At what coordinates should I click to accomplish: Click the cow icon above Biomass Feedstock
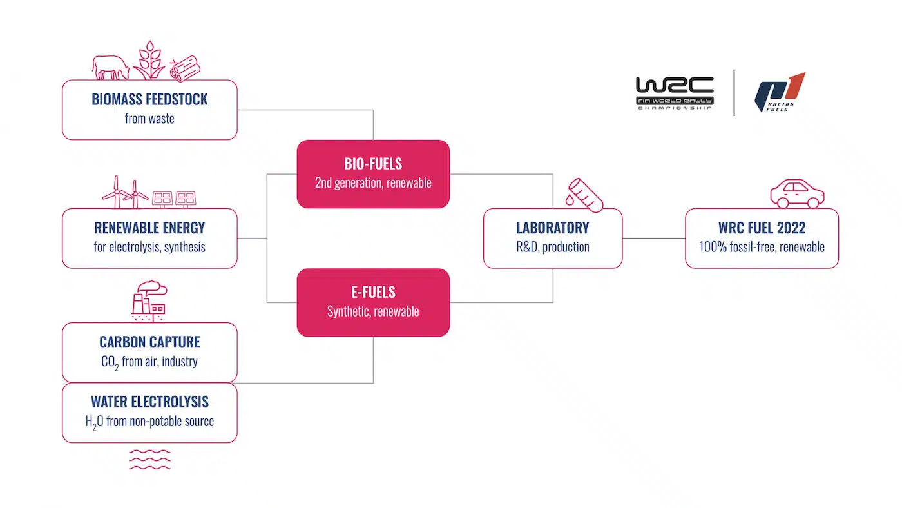point(110,66)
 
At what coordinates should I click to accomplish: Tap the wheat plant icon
point(149,61)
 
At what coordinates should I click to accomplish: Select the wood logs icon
point(185,68)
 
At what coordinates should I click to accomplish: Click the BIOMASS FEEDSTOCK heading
point(149,100)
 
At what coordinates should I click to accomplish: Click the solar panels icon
point(174,199)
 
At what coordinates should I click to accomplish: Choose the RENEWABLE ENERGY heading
point(149,228)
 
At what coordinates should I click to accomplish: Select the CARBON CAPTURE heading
point(149,342)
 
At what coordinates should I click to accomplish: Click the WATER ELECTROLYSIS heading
point(149,402)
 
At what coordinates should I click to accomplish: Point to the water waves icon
point(149,459)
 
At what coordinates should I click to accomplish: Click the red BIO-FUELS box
point(373,174)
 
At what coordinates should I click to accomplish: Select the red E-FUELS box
point(373,302)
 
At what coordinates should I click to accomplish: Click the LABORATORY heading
point(553,228)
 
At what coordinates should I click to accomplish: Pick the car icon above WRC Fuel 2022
point(798,193)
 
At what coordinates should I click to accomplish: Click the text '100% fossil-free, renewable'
point(762,247)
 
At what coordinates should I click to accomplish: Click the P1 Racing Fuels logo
point(780,93)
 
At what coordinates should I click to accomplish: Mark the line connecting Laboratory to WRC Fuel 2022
point(653,239)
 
